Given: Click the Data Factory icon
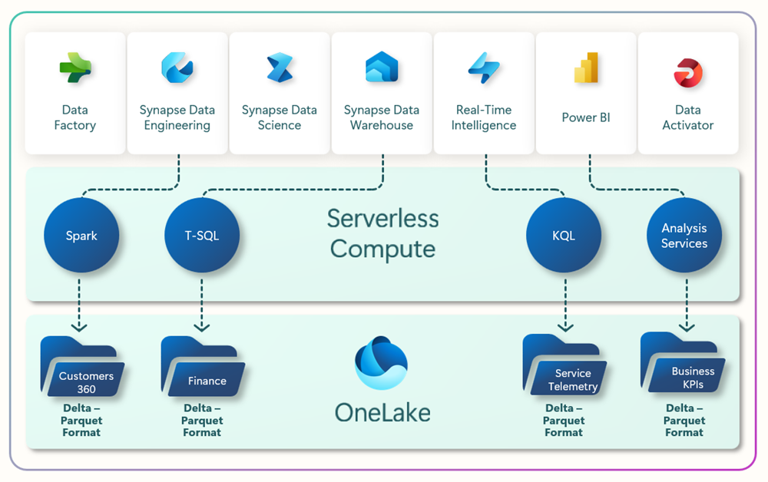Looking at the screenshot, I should [75, 68].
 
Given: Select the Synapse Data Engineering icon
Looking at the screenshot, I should [177, 68].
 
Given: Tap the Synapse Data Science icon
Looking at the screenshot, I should [279, 68].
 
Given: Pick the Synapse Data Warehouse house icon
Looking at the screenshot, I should [382, 68].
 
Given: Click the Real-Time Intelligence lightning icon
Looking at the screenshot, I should [484, 68].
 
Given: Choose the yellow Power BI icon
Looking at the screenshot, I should [586, 68].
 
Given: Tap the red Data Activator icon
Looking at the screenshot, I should [688, 73].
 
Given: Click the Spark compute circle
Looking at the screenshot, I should [81, 236].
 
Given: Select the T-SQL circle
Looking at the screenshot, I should [202, 236].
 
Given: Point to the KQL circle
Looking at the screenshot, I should [564, 236].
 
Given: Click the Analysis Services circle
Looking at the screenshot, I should [684, 236].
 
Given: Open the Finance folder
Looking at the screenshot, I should [202, 367].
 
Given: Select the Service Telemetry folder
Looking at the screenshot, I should [564, 366].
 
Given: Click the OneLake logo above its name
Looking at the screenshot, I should [382, 363].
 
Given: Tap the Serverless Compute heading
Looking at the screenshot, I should [382, 233].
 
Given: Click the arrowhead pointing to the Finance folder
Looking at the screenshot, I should [202, 326].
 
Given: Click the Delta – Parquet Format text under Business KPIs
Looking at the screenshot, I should [684, 421].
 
